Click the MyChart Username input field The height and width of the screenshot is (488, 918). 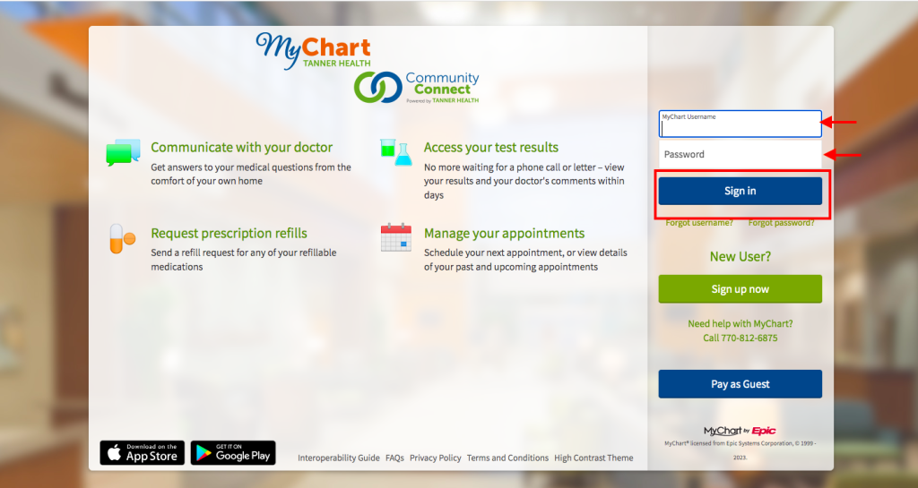[x=740, y=124]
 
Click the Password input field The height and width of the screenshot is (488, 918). [x=740, y=154]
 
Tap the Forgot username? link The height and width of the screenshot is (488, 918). [x=699, y=223]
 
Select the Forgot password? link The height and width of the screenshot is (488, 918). [x=781, y=223]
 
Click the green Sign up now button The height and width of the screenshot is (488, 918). [x=740, y=289]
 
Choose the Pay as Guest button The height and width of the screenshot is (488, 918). [x=740, y=384]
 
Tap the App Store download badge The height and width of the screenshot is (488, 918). [x=143, y=453]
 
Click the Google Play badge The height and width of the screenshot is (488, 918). [x=233, y=453]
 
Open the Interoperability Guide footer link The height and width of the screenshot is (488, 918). [x=338, y=458]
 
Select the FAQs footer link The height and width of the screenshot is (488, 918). [x=394, y=458]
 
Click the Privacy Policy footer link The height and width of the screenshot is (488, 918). [x=436, y=458]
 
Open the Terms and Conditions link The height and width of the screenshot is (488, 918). [x=507, y=458]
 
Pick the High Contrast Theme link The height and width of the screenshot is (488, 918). [x=593, y=458]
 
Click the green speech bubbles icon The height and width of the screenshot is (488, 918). [x=123, y=152]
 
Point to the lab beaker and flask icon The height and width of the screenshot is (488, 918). [x=396, y=152]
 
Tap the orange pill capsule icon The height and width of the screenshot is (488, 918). [x=122, y=238]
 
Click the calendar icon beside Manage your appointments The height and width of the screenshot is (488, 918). [x=395, y=237]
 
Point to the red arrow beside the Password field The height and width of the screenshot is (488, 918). [x=843, y=155]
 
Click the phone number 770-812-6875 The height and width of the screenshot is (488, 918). [x=740, y=338]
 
